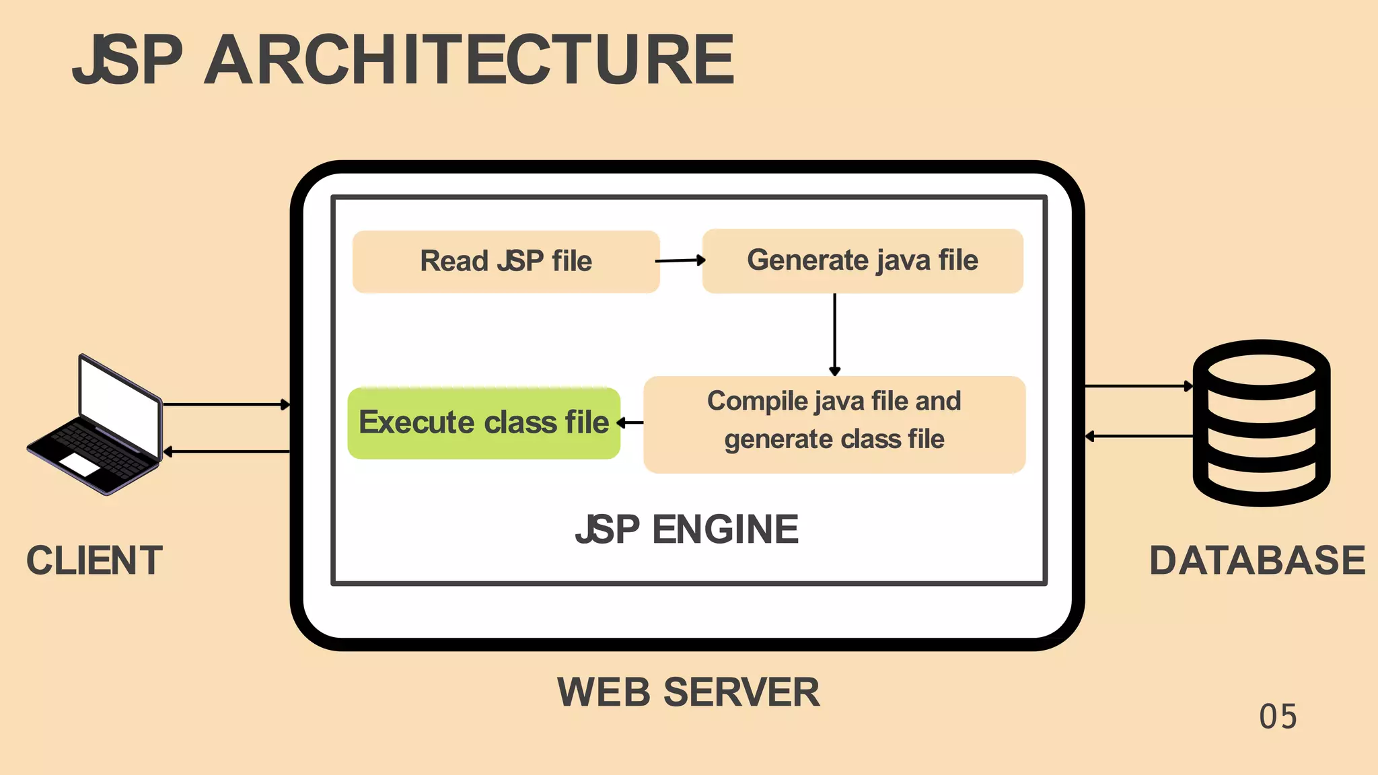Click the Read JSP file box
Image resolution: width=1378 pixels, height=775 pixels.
coord(506,261)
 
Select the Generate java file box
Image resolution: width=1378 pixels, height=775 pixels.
coord(863,260)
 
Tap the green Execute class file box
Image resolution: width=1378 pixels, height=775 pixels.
coord(484,422)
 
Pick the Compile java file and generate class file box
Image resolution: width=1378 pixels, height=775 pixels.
coord(834,424)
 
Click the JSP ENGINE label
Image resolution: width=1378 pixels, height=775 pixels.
coord(687,529)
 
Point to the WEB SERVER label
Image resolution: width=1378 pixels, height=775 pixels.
coord(688,692)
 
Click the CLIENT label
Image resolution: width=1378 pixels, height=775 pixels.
coord(94,560)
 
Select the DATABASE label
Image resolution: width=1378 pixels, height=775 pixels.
coord(1257,560)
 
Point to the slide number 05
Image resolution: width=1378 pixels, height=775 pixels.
coord(1278,717)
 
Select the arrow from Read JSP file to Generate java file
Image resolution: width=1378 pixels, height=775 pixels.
coord(680,260)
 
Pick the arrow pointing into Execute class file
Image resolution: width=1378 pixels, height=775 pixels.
coord(630,422)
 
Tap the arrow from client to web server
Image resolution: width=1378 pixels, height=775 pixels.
coord(226,404)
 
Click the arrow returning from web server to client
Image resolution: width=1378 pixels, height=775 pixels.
coord(226,451)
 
